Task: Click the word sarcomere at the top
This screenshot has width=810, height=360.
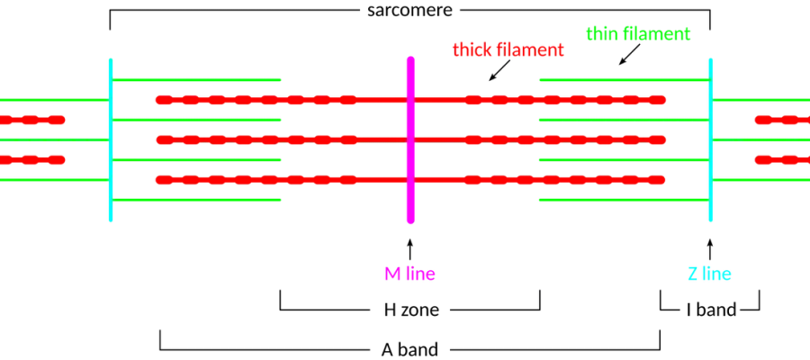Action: coord(409,10)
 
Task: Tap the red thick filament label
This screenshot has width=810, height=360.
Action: coord(508,50)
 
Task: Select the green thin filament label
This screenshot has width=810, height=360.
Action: coord(638,34)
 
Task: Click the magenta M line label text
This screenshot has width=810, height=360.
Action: coord(409,274)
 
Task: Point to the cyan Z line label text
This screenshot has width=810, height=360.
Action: coord(709,274)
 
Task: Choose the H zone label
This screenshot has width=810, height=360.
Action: coord(411,310)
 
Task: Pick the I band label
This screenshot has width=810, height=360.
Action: coord(711,310)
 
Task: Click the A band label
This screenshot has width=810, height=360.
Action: coord(409,350)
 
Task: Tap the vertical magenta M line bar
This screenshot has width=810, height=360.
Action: coord(410,140)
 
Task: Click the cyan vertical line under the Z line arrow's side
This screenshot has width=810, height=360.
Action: coord(711,140)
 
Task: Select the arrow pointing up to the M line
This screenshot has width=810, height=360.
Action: coord(410,249)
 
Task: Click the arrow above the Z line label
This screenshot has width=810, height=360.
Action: coord(710,249)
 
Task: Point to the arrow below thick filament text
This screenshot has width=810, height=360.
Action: coord(499,70)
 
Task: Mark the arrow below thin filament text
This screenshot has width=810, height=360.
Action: coord(630,54)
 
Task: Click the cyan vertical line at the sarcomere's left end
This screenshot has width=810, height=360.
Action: coord(111,140)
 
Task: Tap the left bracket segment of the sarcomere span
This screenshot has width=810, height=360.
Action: coord(235,9)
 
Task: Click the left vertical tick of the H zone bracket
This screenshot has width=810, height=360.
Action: coord(280,300)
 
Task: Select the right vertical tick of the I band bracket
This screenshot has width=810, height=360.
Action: coord(760,300)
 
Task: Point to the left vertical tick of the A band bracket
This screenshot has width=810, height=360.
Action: coord(160,339)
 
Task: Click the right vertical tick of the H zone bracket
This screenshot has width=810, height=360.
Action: coord(540,300)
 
